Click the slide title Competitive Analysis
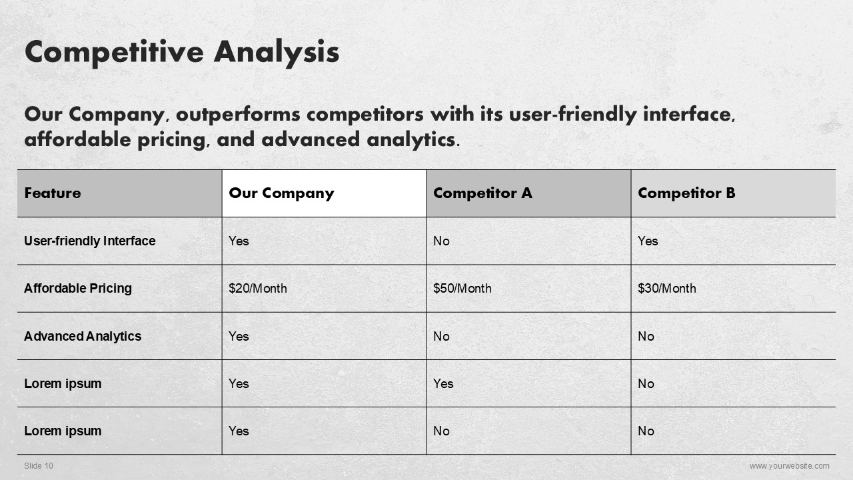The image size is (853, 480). pos(182,53)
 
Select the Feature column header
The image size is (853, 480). pos(53,193)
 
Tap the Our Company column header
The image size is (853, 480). pos(281,193)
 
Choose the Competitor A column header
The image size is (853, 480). pos(482,193)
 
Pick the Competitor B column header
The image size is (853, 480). pos(686,193)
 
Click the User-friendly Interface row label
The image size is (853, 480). pos(90,241)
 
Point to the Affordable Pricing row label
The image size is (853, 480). pos(78,289)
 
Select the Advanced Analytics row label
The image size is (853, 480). pos(83,336)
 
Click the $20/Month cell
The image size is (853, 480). pos(258,289)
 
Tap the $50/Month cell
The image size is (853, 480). pos(462,289)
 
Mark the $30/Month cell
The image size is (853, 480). pos(667,289)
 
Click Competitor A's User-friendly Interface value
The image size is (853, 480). pos(441,241)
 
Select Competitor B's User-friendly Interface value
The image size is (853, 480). pos(648,241)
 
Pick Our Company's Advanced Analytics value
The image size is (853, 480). pos(239,336)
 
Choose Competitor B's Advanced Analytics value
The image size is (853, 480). pos(646,336)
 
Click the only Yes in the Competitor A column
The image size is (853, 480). pos(443,383)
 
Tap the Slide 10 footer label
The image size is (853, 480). pos(39,465)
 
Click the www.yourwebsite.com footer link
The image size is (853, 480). pos(790,465)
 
